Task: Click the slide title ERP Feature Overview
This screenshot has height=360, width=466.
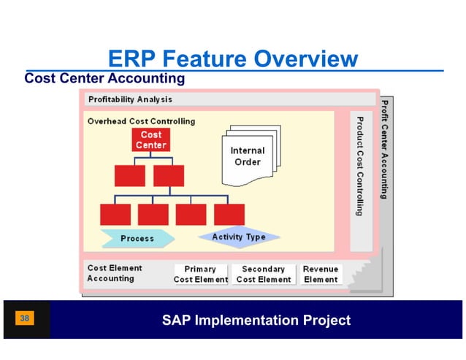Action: [x=232, y=59]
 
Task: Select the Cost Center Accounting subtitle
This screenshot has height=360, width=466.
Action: [x=104, y=78]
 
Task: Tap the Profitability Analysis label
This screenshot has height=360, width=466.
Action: [x=130, y=99]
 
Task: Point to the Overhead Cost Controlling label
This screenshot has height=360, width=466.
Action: [x=141, y=121]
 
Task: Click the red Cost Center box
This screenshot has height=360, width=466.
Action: [x=150, y=140]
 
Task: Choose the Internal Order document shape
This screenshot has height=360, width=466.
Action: [x=247, y=157]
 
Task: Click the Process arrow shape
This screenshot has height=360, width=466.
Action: [x=137, y=238]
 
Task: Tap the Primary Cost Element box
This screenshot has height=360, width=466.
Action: [x=201, y=274]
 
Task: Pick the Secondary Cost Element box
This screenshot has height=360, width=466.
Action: [x=264, y=274]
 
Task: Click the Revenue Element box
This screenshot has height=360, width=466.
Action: [x=321, y=274]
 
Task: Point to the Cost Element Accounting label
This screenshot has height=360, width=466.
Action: [x=115, y=273]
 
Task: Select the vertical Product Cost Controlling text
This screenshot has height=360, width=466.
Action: [x=359, y=164]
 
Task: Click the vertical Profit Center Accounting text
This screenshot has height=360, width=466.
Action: [x=383, y=150]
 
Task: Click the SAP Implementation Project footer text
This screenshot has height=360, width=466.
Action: [x=256, y=321]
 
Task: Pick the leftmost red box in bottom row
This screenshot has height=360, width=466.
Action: [x=115, y=214]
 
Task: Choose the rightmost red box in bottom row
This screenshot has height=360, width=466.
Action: [x=229, y=214]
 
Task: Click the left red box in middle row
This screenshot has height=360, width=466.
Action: [x=130, y=176]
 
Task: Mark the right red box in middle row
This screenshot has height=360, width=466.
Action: [x=169, y=176]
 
